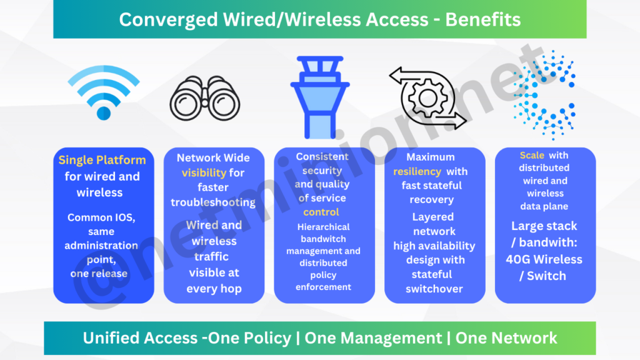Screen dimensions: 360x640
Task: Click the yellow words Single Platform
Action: tap(102, 160)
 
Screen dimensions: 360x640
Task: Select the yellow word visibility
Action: tap(204, 172)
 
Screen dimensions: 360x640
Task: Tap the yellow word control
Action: tap(321, 212)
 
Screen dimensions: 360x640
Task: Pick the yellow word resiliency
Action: tap(417, 171)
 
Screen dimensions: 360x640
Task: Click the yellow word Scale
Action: tap(532, 155)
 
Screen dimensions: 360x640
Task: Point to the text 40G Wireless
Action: tap(543, 259)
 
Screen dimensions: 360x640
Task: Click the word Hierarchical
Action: tap(324, 227)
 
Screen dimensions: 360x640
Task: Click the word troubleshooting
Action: tap(213, 202)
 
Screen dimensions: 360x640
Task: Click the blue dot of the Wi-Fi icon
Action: tap(104, 113)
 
